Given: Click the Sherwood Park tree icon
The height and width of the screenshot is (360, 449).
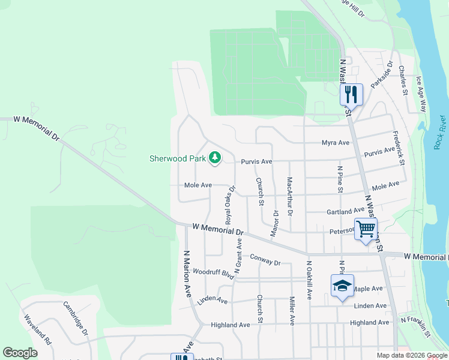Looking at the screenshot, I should click(x=215, y=158).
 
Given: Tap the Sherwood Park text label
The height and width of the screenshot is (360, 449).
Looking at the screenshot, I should click(x=178, y=159).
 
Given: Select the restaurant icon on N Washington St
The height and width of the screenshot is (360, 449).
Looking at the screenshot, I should click(x=351, y=94).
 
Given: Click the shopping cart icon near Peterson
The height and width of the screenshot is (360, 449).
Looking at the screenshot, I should click(x=366, y=229).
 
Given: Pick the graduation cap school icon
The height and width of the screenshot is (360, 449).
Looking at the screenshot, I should click(x=342, y=286).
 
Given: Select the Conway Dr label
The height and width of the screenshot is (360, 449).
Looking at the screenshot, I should click(x=265, y=259).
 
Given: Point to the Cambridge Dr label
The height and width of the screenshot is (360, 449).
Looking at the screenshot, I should click(x=76, y=317).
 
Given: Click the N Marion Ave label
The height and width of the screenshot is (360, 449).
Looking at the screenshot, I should click(x=187, y=274).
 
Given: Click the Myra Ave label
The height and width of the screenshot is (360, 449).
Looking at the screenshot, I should click(x=336, y=143).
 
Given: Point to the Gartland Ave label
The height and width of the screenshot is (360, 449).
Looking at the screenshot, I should click(x=345, y=212).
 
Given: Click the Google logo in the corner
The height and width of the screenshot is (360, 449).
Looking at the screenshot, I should click(x=20, y=353).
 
